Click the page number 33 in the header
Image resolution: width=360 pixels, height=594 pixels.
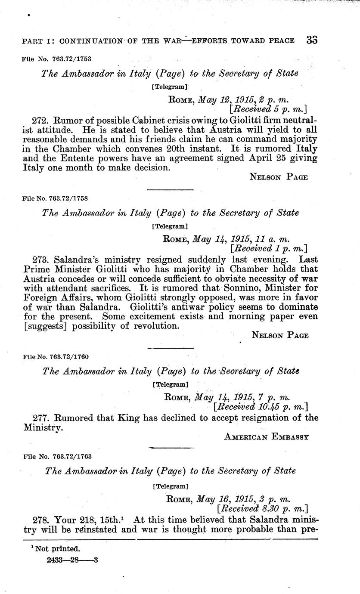pos(312,40)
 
